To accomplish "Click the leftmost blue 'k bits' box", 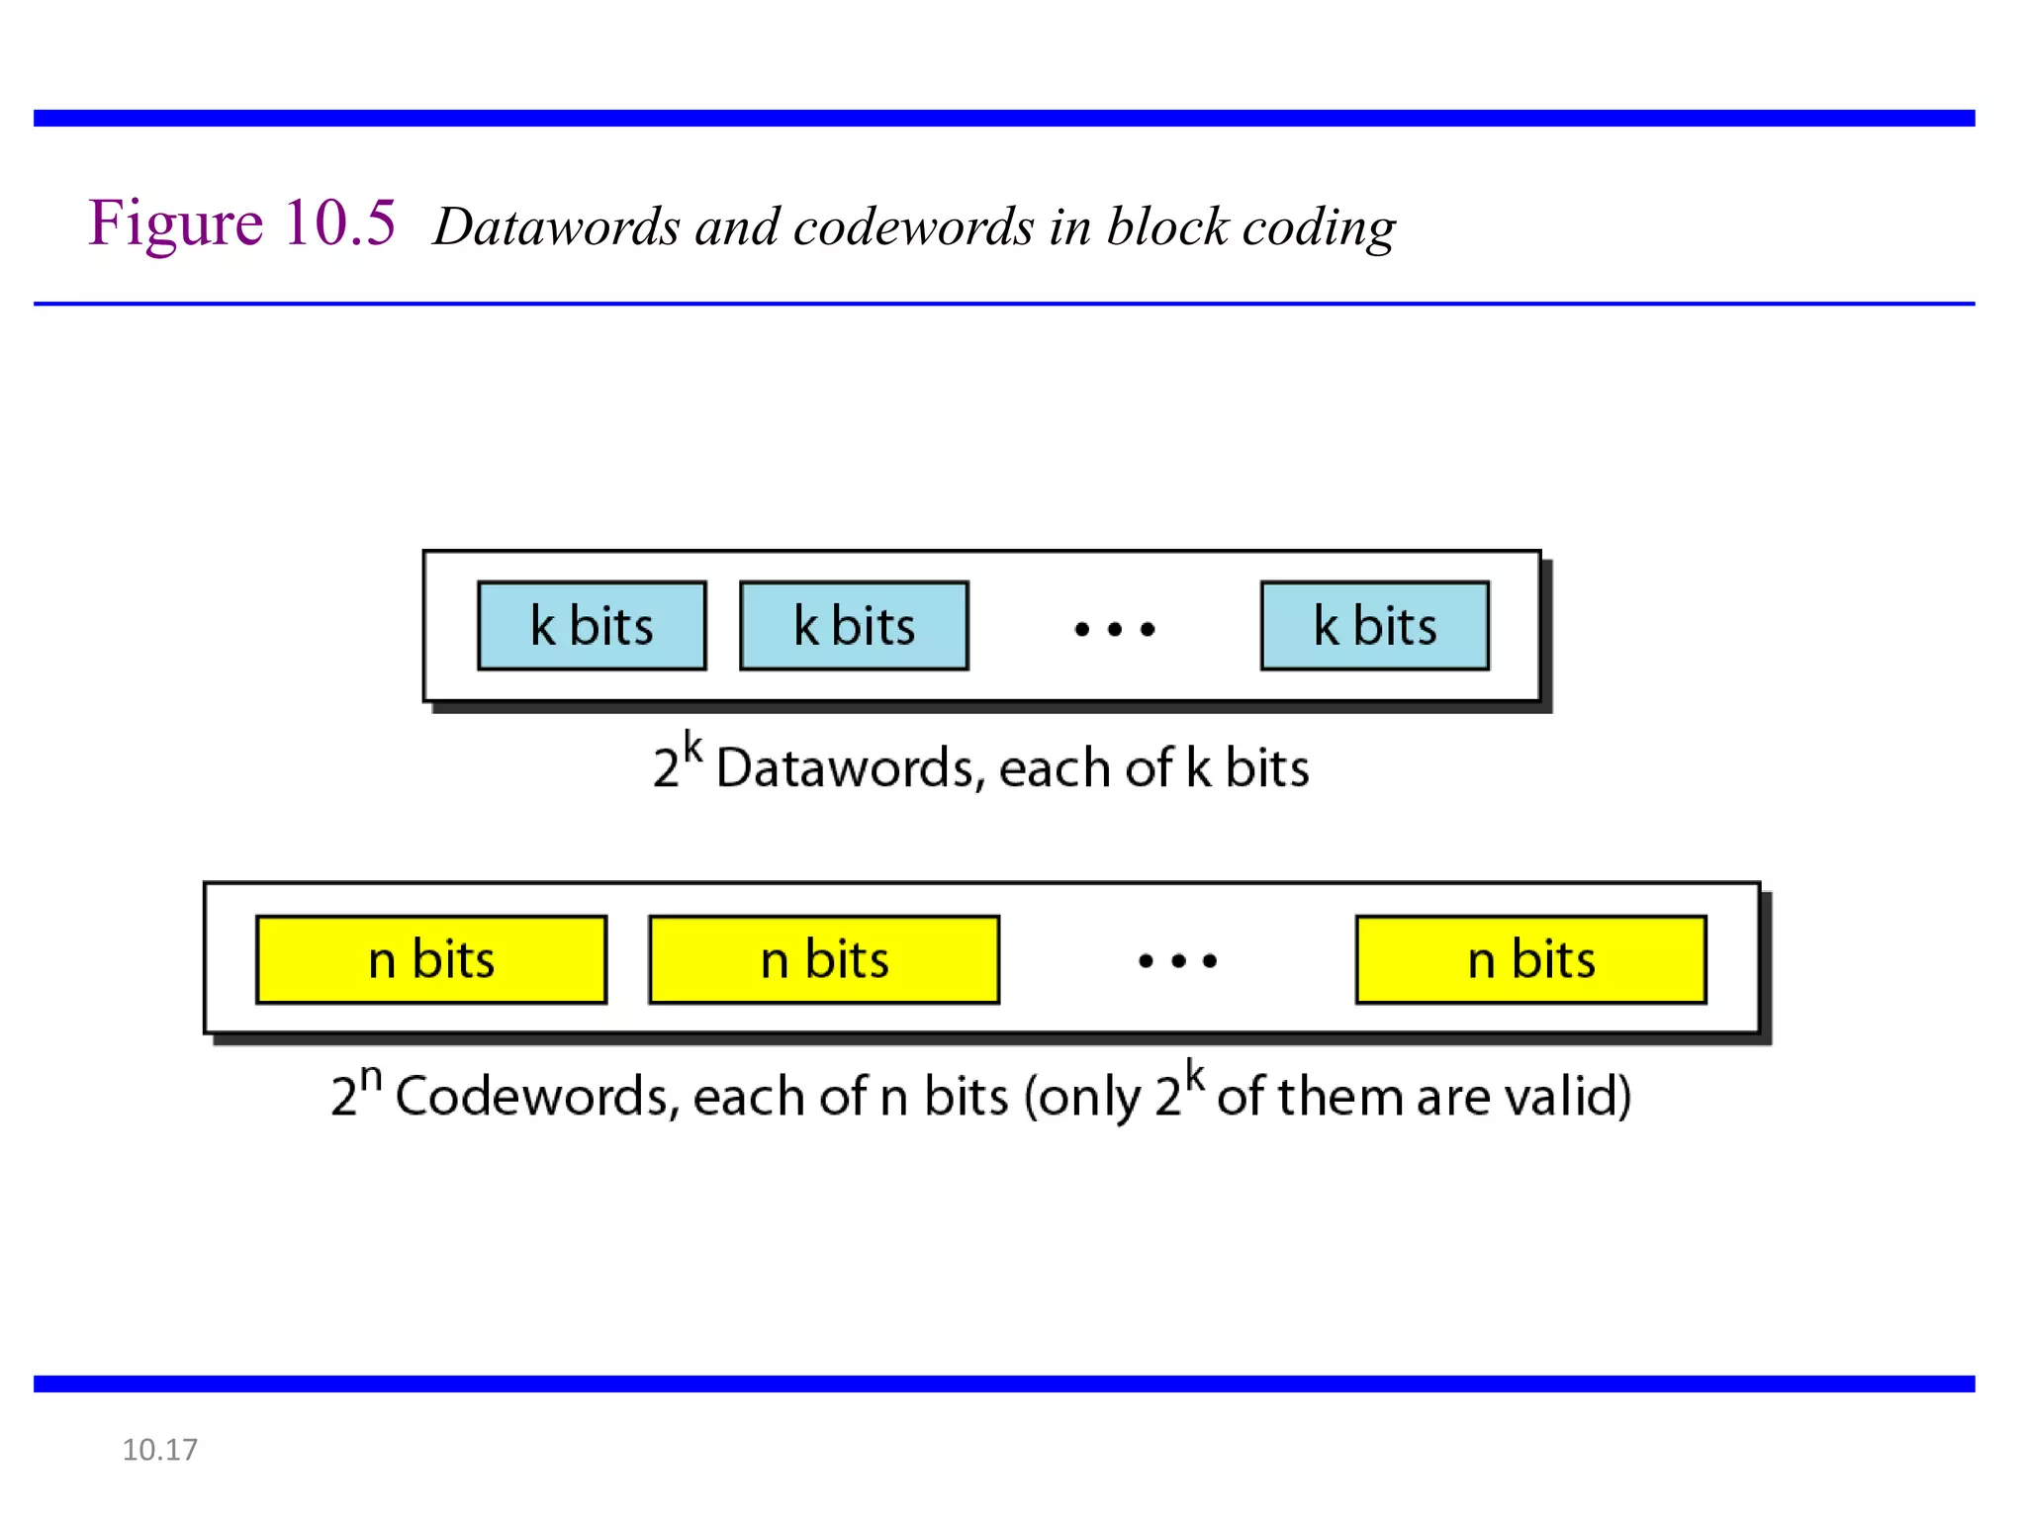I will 592,626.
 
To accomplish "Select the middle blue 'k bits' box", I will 854,626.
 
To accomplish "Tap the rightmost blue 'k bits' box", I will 1374,626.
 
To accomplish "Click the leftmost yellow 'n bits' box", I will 431,959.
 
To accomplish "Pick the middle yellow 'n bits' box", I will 824,959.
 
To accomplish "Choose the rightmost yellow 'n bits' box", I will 1530,959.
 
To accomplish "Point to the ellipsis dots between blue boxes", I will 1115,629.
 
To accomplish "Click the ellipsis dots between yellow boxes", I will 1177,960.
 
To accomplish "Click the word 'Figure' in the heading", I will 175,224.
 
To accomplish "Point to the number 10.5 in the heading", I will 339,223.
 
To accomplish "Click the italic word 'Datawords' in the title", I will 557,227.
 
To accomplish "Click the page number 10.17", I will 159,1450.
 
